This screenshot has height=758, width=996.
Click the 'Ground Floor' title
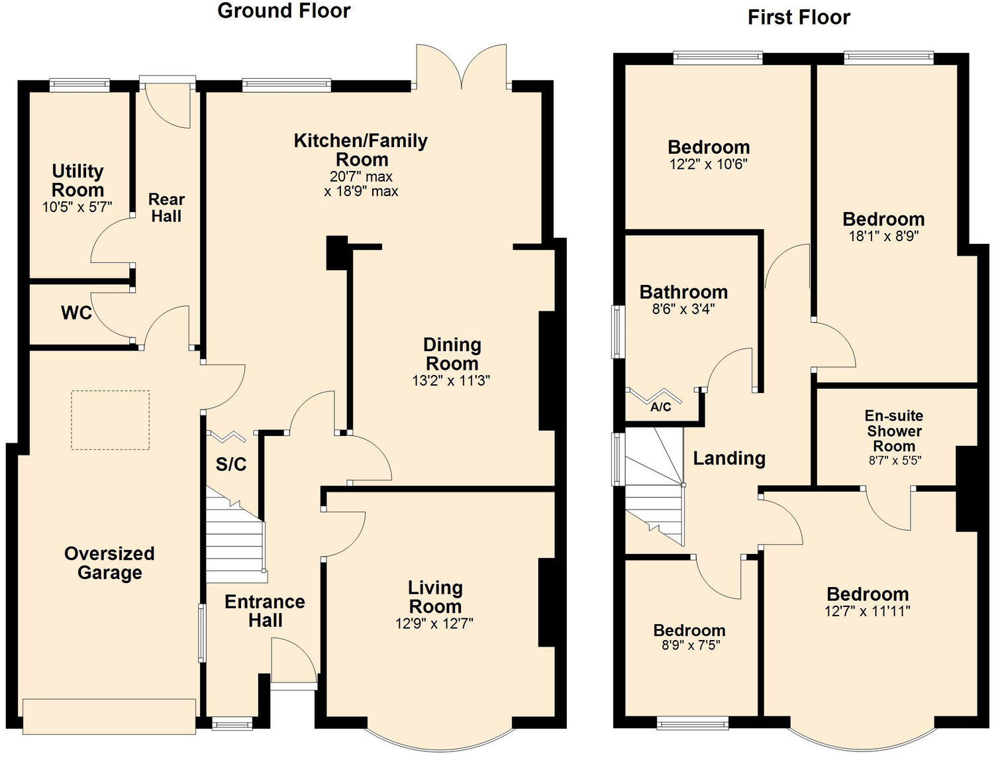[x=283, y=11]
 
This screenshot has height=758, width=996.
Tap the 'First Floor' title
[x=799, y=18]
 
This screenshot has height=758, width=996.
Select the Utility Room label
[x=77, y=180]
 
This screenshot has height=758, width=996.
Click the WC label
[x=77, y=313]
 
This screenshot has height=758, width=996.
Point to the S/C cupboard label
[x=230, y=464]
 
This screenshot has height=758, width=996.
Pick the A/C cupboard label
[x=660, y=407]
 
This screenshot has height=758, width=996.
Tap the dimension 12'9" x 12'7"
[x=434, y=623]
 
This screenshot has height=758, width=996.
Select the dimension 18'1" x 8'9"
[x=883, y=236]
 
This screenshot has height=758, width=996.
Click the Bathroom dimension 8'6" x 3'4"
[x=683, y=309]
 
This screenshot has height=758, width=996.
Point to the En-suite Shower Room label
[x=893, y=431]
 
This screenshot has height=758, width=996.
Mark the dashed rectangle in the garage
[x=110, y=420]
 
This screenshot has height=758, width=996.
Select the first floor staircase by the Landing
[x=654, y=487]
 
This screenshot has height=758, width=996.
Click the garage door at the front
[x=109, y=716]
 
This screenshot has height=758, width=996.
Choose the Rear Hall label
[x=166, y=208]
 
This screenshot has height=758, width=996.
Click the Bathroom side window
[x=617, y=331]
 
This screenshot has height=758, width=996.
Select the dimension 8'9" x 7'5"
[x=690, y=645]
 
